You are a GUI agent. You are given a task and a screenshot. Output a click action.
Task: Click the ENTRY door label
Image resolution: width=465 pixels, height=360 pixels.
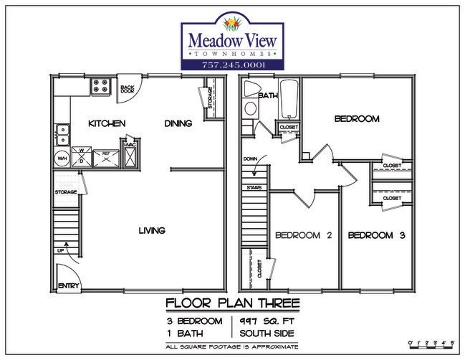tap(67, 285)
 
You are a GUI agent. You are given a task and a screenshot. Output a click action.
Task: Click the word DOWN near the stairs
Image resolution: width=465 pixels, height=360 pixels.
tap(250, 158)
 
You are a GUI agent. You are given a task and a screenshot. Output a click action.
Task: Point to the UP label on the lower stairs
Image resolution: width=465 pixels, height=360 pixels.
tap(61, 250)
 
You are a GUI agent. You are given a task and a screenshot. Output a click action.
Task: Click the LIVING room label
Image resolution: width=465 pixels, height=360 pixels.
tap(153, 230)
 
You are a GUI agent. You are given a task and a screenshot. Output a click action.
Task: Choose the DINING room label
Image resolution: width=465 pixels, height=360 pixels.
tap(178, 123)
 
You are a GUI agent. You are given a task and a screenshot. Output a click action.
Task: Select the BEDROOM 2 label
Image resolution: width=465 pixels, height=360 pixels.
tap(302, 235)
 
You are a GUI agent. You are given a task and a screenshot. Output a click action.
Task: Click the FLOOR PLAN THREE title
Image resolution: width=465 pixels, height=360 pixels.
tap(232, 302)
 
